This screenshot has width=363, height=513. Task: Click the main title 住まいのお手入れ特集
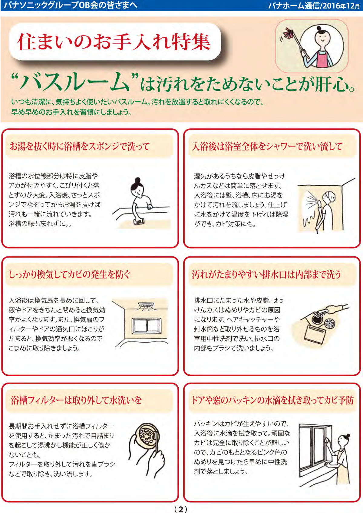pyautogui.click(x=114, y=42)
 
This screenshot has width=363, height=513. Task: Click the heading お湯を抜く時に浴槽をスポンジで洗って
pyautogui.click(x=80, y=146)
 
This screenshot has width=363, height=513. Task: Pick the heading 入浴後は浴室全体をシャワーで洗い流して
pyautogui.click(x=267, y=146)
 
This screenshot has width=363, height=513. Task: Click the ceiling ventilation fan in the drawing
pyautogui.click(x=146, y=306)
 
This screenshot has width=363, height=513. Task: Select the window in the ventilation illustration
pyautogui.click(x=146, y=326)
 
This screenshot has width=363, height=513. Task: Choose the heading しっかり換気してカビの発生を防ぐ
pyautogui.click(x=70, y=274)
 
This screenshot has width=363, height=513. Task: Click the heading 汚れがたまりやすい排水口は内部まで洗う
pyautogui.click(x=266, y=274)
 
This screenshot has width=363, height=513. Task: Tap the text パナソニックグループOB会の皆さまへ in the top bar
pyautogui.click(x=71, y=5)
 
